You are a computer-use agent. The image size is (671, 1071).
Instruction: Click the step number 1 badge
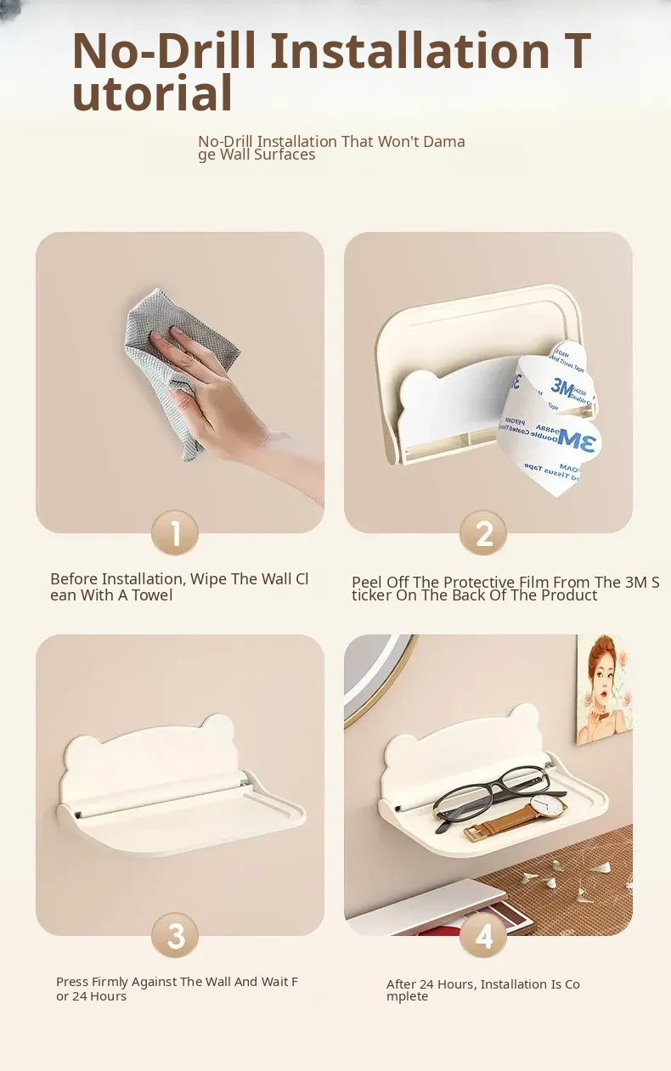[x=175, y=533]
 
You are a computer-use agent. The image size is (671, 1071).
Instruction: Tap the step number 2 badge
[x=483, y=533]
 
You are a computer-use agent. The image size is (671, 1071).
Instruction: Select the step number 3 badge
[x=175, y=936]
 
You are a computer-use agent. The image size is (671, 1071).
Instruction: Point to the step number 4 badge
[x=483, y=936]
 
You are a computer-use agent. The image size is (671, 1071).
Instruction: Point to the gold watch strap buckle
[x=473, y=834]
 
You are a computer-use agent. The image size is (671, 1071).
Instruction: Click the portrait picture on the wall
[x=605, y=689]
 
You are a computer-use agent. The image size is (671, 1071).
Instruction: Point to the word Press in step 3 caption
[x=71, y=982]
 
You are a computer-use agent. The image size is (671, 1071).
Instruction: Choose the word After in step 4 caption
[x=401, y=984]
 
